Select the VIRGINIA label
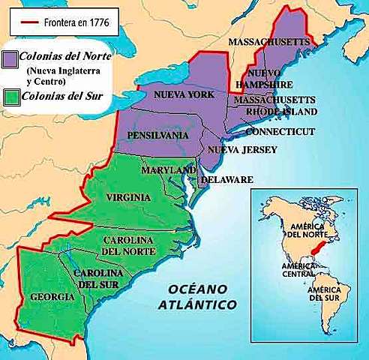(x=127, y=197)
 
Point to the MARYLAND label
(x=168, y=169)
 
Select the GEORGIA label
(x=52, y=297)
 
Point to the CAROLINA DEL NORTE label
(x=127, y=244)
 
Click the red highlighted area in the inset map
(x=322, y=249)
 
